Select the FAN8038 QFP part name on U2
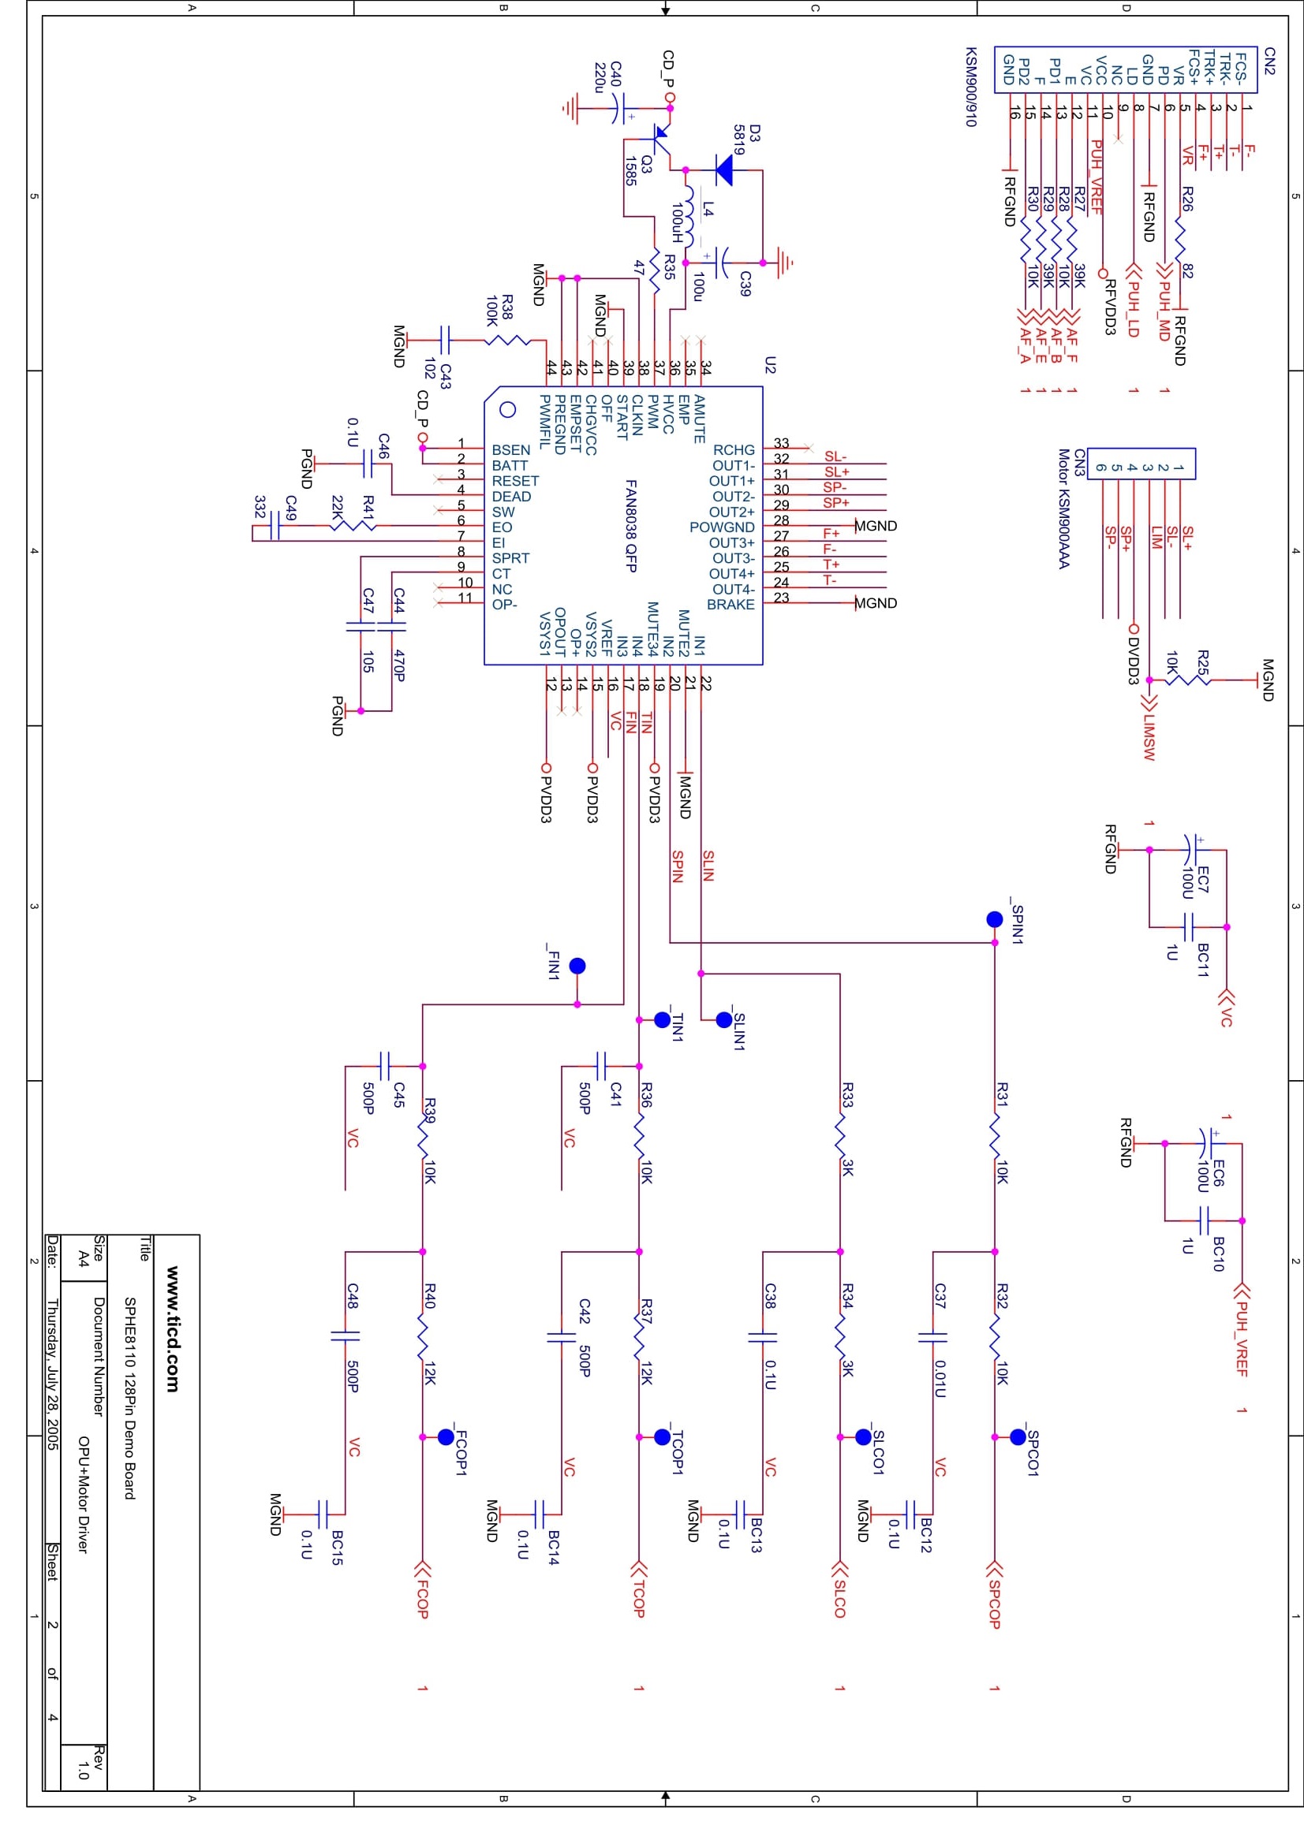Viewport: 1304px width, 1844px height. point(632,526)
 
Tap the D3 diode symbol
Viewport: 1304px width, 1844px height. point(724,169)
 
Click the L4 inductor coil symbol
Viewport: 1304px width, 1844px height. point(689,216)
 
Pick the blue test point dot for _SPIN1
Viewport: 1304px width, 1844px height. point(995,918)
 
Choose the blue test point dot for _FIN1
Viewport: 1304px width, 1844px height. point(577,966)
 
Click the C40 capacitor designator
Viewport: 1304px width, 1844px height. point(616,74)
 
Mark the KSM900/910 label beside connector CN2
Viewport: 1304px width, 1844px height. point(970,86)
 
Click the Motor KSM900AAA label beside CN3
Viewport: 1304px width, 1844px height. point(1063,509)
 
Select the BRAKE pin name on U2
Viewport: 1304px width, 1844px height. point(730,604)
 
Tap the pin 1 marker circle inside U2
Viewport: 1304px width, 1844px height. point(508,410)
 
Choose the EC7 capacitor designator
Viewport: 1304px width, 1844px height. point(1203,880)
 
